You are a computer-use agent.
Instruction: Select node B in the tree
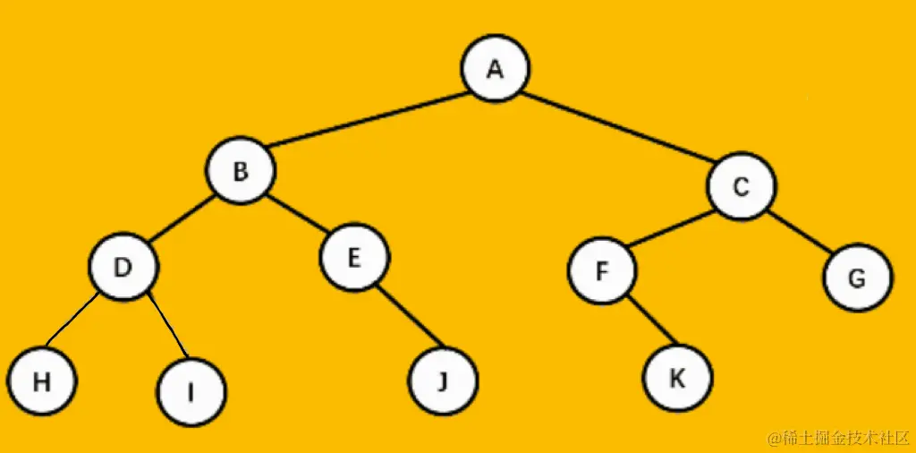pos(241,171)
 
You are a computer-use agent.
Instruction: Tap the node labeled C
pos(742,187)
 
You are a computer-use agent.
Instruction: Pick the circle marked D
pos(123,267)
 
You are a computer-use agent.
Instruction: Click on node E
pos(354,258)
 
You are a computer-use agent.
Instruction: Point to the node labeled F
pos(602,270)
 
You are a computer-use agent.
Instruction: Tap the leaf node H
pos(40,381)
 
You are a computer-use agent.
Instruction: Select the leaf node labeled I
pos(191,392)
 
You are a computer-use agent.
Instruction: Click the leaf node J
pos(443,382)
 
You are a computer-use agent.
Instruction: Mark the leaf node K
pos(677,377)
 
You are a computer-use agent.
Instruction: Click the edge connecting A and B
pos(367,121)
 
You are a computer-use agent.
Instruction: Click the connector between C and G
pos(799,232)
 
